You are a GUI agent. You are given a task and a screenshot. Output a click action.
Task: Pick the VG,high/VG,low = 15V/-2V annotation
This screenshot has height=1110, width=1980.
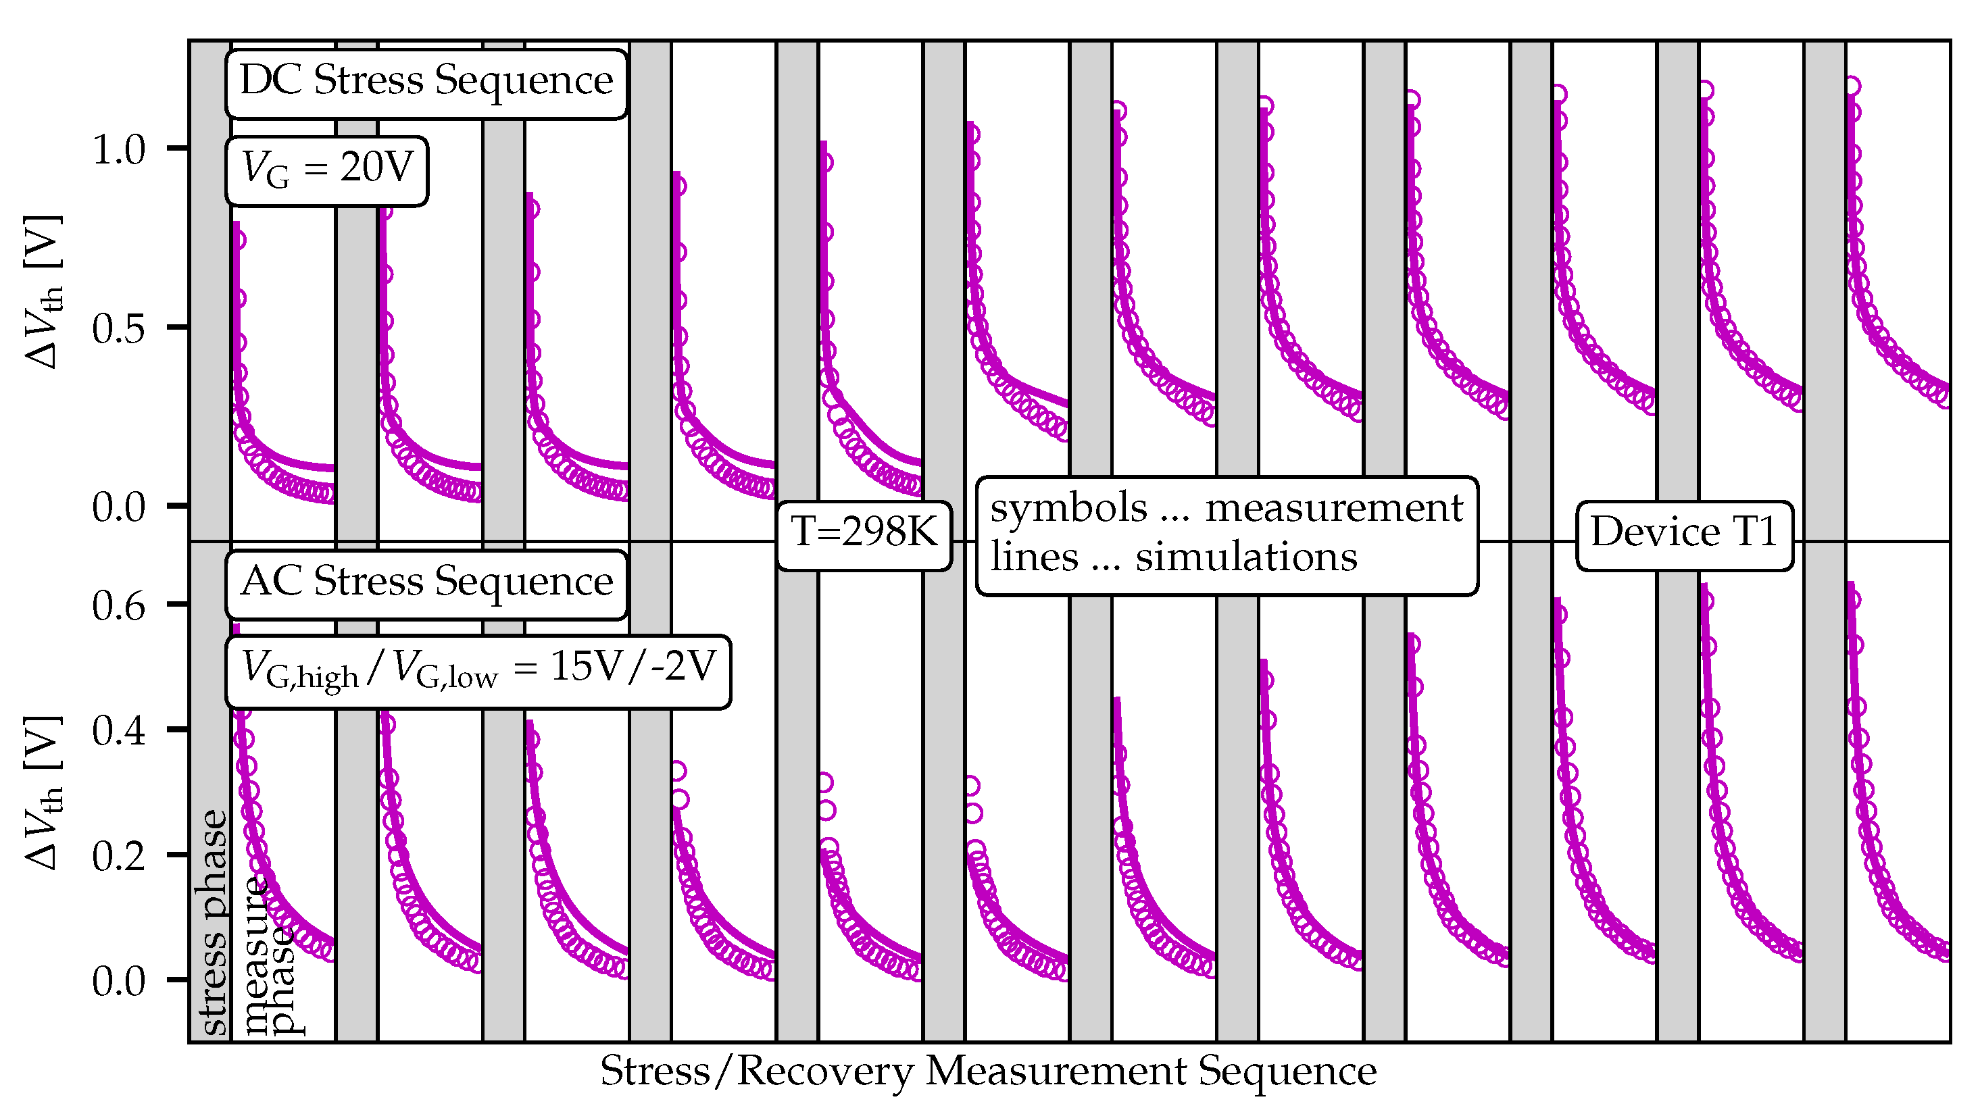point(478,670)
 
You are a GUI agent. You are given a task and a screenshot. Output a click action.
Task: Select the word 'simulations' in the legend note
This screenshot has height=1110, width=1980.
point(1246,558)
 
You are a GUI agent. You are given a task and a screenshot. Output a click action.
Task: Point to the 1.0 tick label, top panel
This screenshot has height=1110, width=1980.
point(118,150)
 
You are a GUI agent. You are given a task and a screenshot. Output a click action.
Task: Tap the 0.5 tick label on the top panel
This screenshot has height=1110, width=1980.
point(118,330)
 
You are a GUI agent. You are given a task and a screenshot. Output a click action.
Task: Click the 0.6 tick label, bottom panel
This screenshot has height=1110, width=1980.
point(118,606)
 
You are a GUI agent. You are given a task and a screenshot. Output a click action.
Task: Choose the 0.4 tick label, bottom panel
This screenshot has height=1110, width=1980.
point(118,731)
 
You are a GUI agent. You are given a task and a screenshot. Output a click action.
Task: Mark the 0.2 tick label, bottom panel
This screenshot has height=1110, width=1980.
point(118,857)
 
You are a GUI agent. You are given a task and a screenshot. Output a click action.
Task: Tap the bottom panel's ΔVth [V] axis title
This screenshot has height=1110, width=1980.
point(44,793)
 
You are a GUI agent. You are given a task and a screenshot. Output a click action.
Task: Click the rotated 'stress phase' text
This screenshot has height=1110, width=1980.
point(214,922)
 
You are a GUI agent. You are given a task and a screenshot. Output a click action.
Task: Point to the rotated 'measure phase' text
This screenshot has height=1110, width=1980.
point(269,957)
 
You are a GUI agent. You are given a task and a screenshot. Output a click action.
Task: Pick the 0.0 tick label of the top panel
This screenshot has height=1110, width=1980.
point(118,508)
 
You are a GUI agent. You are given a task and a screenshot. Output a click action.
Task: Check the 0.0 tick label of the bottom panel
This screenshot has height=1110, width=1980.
point(118,982)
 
